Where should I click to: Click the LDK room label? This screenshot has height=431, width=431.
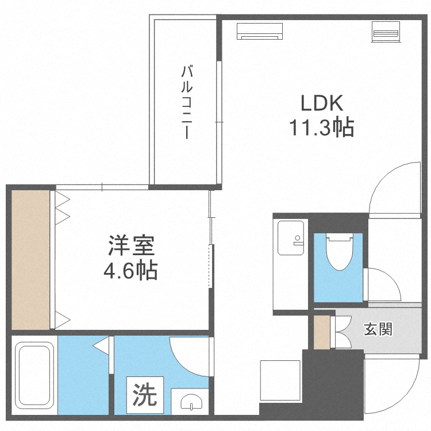point(322,104)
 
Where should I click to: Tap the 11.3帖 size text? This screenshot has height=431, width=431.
point(321,128)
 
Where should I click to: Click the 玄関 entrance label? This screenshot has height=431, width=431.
point(378,329)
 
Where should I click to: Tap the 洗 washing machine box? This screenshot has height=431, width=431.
point(145,395)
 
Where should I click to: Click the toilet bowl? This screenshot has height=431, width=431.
point(338,253)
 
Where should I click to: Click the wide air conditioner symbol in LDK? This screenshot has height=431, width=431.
point(260,31)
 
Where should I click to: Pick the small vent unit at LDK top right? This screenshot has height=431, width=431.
point(386,32)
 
